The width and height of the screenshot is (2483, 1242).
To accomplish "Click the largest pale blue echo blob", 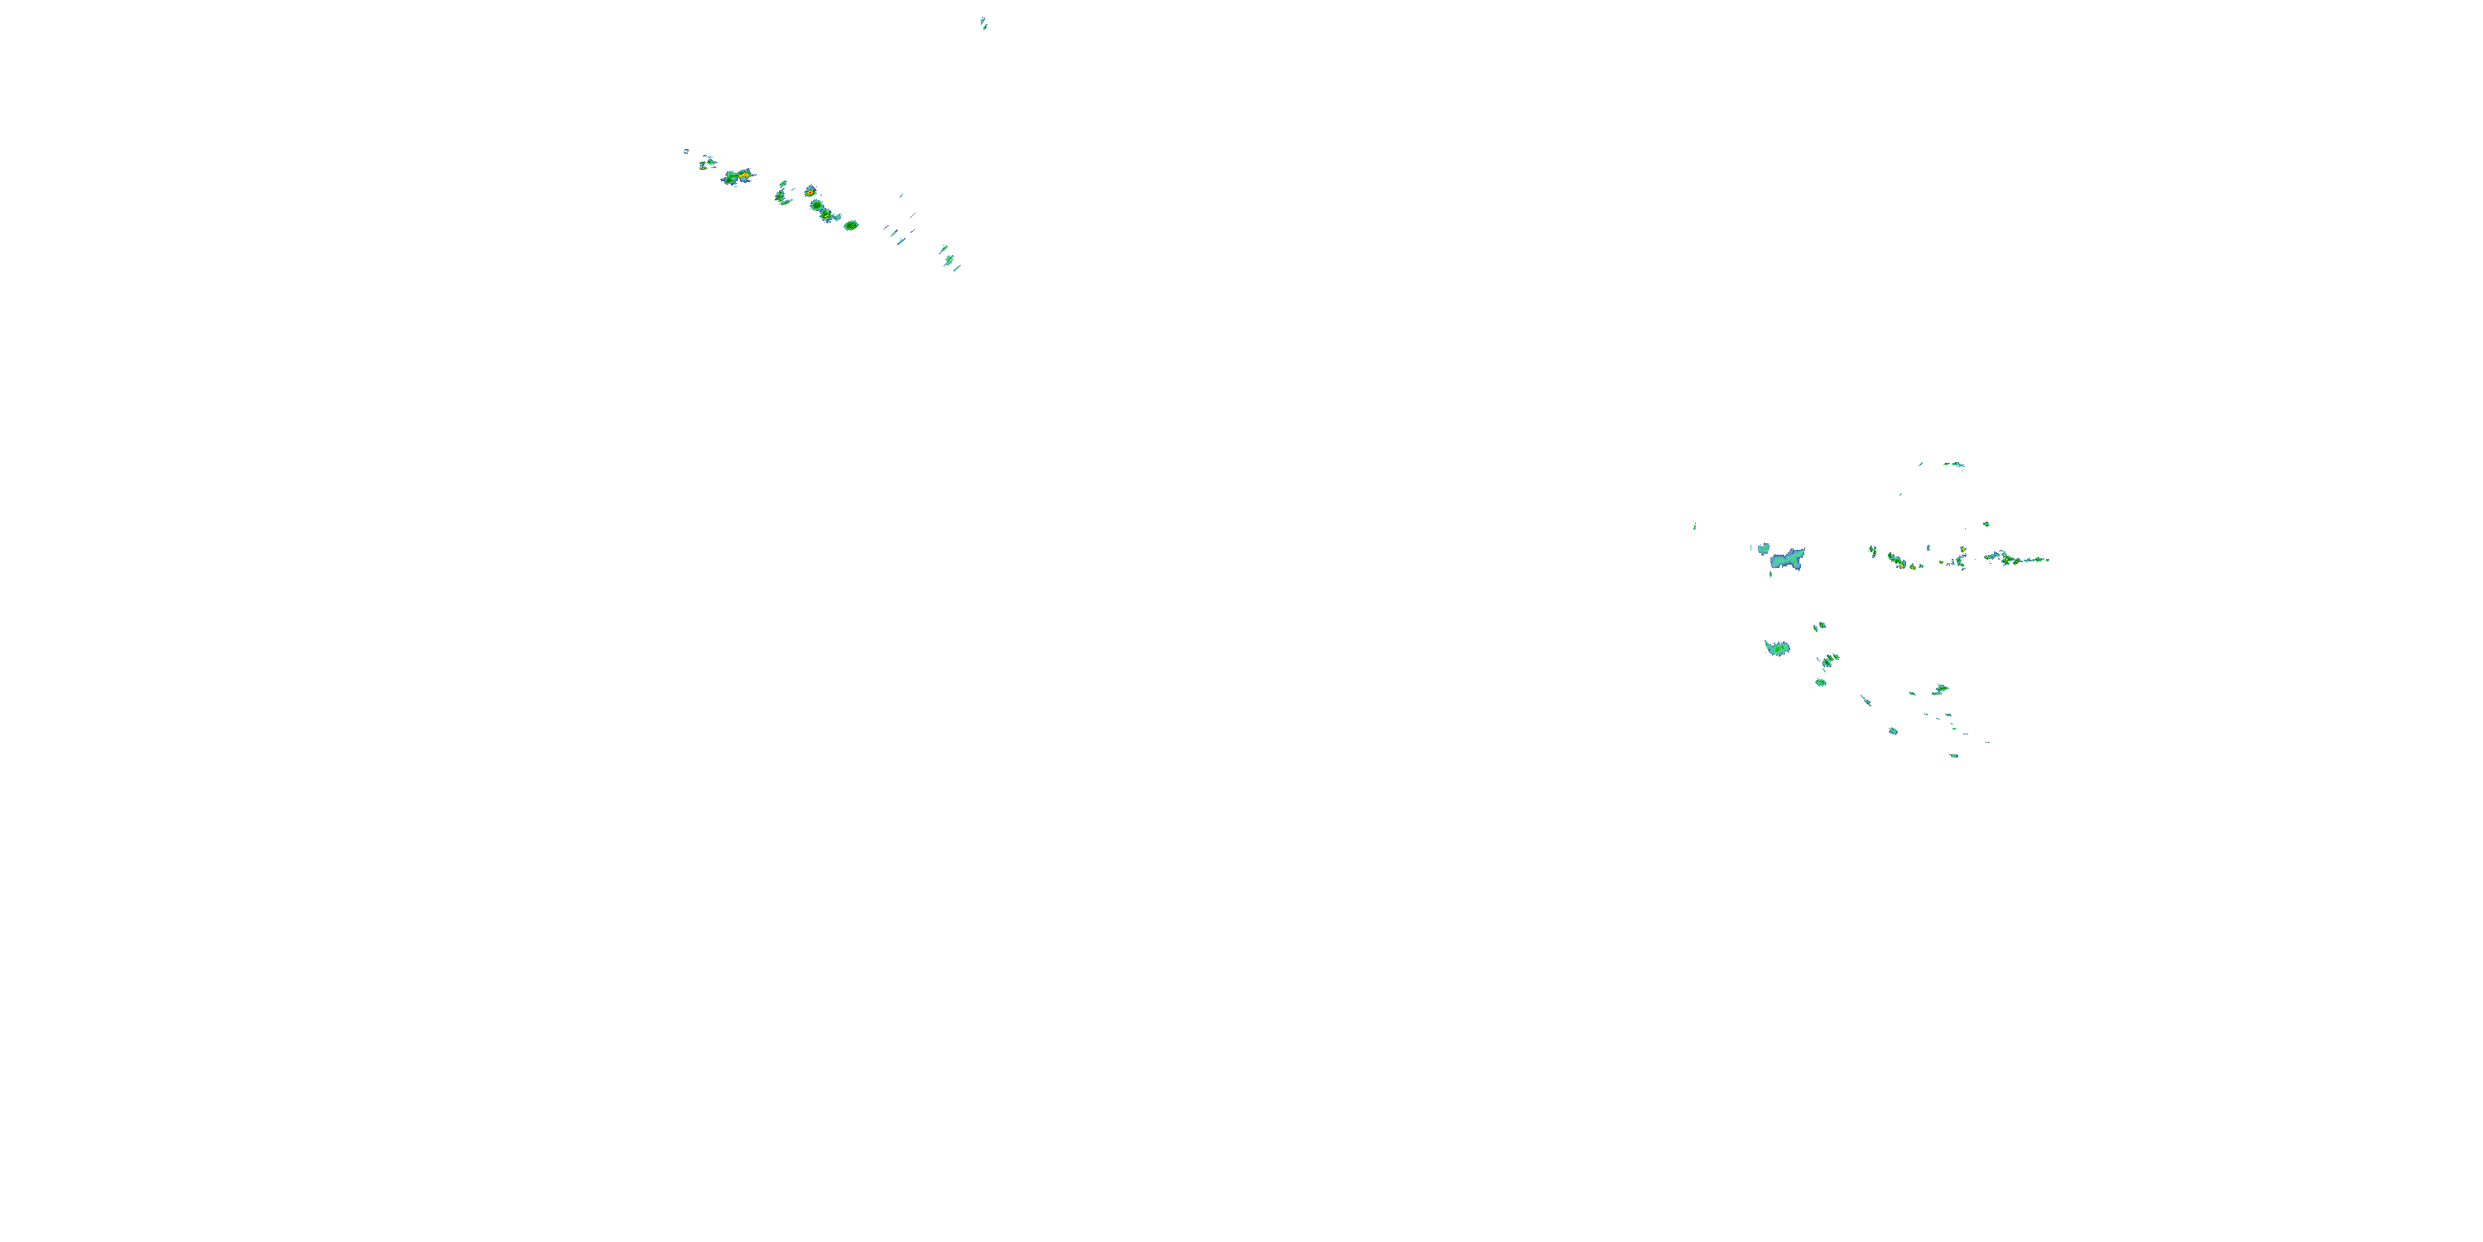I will pos(1787,558).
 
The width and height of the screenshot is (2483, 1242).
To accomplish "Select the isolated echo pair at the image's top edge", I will pos(983,22).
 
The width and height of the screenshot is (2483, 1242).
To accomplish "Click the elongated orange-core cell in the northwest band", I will pos(738,176).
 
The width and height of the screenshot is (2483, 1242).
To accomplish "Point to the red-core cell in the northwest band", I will pos(810,191).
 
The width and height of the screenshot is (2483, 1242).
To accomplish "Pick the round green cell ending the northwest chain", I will pos(850,224).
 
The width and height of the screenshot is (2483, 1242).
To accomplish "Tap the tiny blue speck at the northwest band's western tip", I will pos(686,151).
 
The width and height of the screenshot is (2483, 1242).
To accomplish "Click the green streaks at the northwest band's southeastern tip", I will pos(949,259).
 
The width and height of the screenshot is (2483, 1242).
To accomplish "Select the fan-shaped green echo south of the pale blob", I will pos(1776,648).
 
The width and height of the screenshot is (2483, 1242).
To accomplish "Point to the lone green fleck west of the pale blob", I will pos(1694,527).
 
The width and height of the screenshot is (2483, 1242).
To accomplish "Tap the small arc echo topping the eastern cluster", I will pos(1954,465).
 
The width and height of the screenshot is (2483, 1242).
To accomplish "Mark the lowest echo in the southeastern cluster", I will pos(1954,756).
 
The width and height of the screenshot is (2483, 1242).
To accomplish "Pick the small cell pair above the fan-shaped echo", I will pos(1819,627).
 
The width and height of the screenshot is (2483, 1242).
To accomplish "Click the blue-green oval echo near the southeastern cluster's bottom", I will pos(1892,731).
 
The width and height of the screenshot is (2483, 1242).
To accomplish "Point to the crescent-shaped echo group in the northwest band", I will pos(781,195).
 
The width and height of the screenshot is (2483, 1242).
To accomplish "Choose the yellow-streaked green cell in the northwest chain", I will pos(819,205).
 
